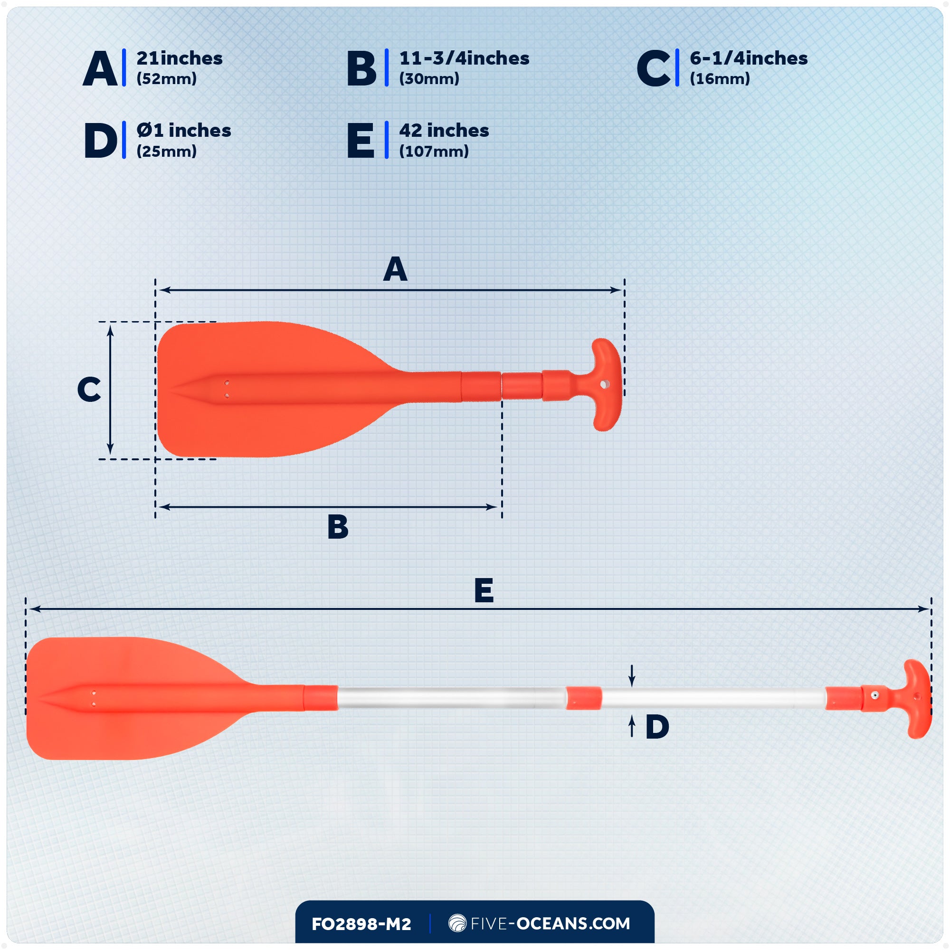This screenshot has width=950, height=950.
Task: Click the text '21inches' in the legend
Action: click(x=180, y=58)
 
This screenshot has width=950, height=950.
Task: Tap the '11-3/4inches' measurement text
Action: click(x=464, y=58)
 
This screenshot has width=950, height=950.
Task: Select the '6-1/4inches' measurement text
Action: click(x=749, y=58)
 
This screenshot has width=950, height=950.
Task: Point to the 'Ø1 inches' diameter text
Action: click(x=183, y=131)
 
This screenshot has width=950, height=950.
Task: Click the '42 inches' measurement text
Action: click(x=444, y=131)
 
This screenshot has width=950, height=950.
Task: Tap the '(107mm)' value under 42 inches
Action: click(x=434, y=152)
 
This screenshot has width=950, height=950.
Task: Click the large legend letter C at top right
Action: click(x=653, y=69)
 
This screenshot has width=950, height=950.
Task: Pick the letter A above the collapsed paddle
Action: click(x=395, y=269)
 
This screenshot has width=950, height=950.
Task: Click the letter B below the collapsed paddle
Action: click(x=338, y=527)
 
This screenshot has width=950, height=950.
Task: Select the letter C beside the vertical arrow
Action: click(x=89, y=390)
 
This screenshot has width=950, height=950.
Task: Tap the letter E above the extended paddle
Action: click(x=484, y=590)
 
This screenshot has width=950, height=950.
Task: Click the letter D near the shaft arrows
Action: click(x=657, y=727)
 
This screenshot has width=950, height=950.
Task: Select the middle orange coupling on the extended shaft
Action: click(x=583, y=698)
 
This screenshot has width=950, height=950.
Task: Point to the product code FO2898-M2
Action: click(x=361, y=924)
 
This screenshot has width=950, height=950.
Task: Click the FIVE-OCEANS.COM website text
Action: click(x=550, y=923)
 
